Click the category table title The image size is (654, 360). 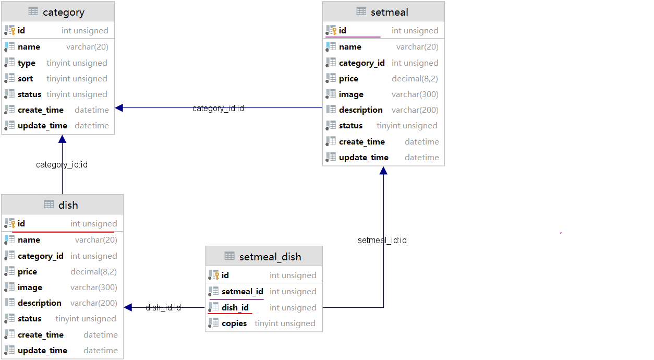[63, 13]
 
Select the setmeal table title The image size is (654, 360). [389, 13]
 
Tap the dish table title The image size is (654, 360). [68, 205]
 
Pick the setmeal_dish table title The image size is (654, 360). [270, 257]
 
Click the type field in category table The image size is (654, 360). [27, 63]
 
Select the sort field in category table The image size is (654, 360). [25, 79]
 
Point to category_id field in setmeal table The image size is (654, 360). [362, 63]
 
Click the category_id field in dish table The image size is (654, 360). [41, 256]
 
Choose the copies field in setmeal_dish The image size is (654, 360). [234, 323]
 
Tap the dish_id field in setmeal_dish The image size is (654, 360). [235, 308]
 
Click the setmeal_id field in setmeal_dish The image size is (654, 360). [243, 291]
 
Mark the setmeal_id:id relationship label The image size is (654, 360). [382, 241]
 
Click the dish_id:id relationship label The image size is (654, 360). [163, 307]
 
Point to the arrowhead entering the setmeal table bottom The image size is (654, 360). [383, 171]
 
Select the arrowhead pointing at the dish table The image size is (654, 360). [128, 307]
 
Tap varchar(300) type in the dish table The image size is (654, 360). [94, 287]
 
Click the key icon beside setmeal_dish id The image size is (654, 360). [216, 275]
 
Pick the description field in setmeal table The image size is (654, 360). [360, 110]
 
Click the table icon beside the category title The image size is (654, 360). [33, 11]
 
